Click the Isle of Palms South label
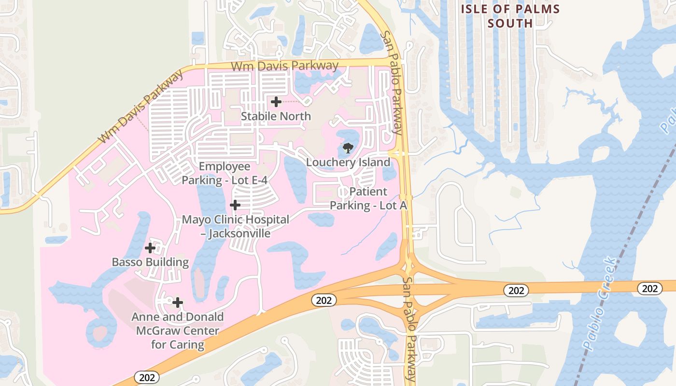tap(510, 15)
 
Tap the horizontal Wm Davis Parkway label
tap(284, 66)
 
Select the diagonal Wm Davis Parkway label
tap(141, 107)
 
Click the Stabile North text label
tap(276, 116)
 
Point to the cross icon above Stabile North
tap(276, 102)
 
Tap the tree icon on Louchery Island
tap(348, 148)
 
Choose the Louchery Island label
tap(348, 162)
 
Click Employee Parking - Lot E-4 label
tap(225, 173)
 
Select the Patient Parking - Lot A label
tap(368, 198)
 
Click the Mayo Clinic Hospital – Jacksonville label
tap(235, 226)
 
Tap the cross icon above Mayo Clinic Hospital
tap(235, 205)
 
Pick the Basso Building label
tap(150, 262)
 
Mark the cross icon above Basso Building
tap(150, 248)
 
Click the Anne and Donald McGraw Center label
tap(178, 331)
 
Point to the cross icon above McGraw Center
tap(178, 303)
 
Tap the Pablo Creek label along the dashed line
tap(600, 304)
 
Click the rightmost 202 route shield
tap(650, 289)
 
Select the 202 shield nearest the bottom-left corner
tap(146, 377)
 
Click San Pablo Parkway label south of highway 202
tap(410, 329)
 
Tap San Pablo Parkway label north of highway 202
tap(391, 82)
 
